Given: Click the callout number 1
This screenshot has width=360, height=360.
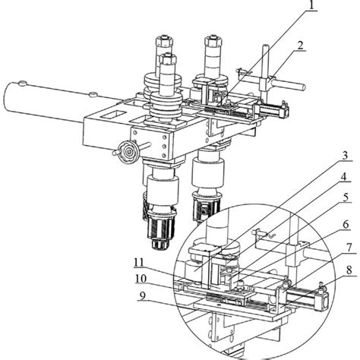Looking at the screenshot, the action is (313, 5).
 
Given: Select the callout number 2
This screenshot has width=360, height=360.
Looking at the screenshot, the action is (300, 46).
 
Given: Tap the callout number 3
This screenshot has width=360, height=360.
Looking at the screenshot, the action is (346, 155).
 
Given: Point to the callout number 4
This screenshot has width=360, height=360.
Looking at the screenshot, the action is (343, 177).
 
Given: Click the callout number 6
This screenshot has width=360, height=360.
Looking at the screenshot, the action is (346, 224).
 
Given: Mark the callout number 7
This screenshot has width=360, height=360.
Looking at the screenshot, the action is (349, 248).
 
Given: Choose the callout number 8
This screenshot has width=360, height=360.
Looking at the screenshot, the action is (349, 270).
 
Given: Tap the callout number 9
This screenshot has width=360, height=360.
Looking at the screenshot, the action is (143, 296).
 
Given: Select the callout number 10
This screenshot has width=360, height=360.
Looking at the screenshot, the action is (141, 279).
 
